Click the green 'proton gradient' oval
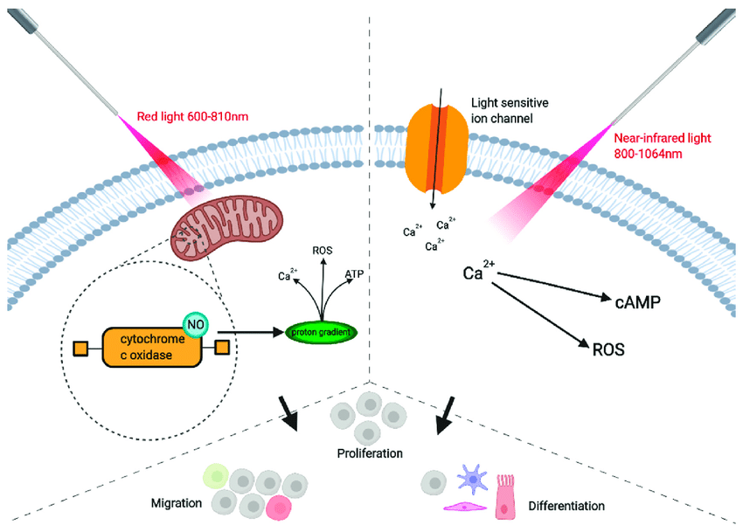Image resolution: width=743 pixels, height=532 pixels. click(323, 332)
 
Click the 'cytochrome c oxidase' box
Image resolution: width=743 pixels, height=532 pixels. click(150, 348)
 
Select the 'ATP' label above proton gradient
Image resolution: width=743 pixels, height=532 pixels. click(354, 273)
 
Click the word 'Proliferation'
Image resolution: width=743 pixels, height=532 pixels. click(371, 453)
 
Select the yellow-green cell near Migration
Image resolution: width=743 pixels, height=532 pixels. click(215, 476)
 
